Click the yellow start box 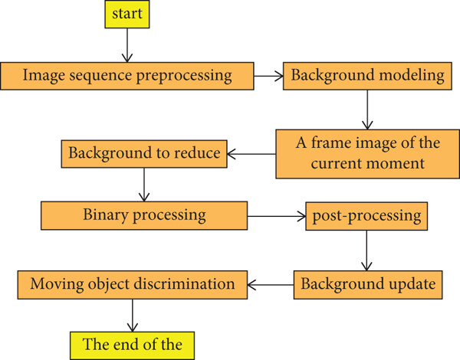(x=127, y=14)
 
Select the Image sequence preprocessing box (x=127, y=76)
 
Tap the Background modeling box (x=367, y=76)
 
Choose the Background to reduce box (x=144, y=154)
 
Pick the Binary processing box (x=144, y=215)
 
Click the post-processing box (x=366, y=216)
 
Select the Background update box (x=368, y=285)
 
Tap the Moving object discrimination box (x=133, y=285)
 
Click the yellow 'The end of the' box (x=132, y=345)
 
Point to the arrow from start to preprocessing (x=127, y=45)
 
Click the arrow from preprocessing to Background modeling (x=268, y=77)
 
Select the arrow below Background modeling (x=367, y=110)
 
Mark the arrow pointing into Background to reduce (x=251, y=154)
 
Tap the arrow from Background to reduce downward (x=144, y=185)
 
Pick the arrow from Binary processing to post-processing (x=277, y=216)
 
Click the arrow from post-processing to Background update (x=366, y=250)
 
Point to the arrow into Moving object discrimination (x=271, y=285)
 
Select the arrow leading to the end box (x=133, y=316)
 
